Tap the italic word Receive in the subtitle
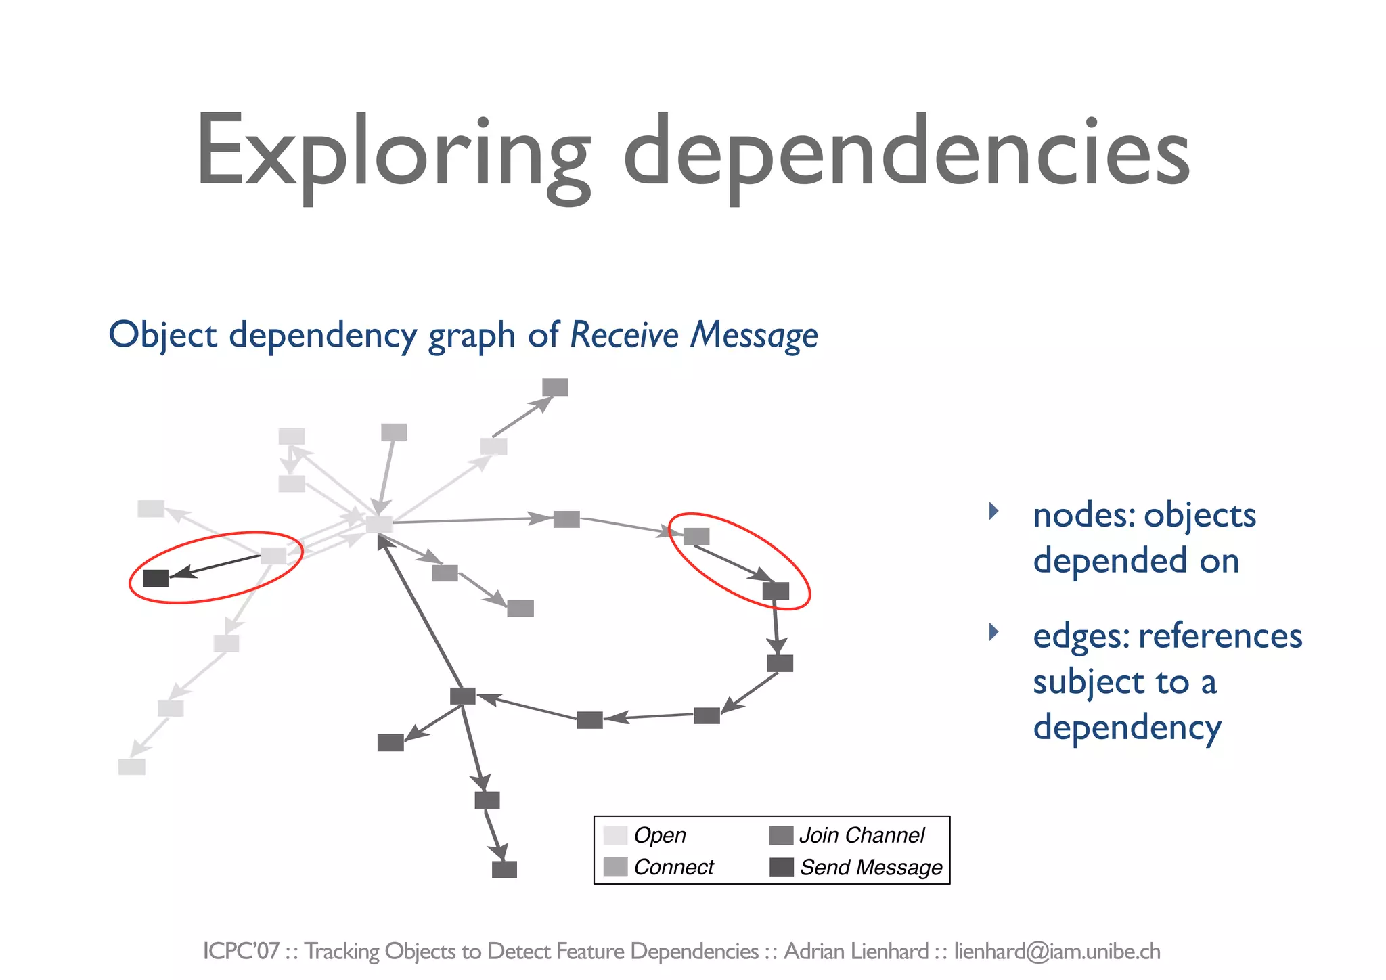pyautogui.click(x=624, y=335)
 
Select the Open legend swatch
pyautogui.click(x=615, y=835)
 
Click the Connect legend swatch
pyautogui.click(x=615, y=867)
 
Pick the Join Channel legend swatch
pyautogui.click(x=781, y=835)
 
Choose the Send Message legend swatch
pyautogui.click(x=781, y=867)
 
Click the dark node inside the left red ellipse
pyautogui.click(x=156, y=578)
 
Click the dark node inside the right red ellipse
pyautogui.click(x=776, y=591)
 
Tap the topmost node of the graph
pyautogui.click(x=555, y=387)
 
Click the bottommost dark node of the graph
pyautogui.click(x=504, y=869)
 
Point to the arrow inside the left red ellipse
pyautogui.click(x=215, y=566)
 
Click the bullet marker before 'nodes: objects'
pyautogui.click(x=993, y=511)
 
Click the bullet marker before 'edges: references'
pyautogui.click(x=993, y=632)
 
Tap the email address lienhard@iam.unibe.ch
pyautogui.click(x=1057, y=952)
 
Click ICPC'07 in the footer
pyautogui.click(x=241, y=952)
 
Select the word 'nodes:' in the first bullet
pyautogui.click(x=1083, y=516)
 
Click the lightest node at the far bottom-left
pyautogui.click(x=132, y=767)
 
